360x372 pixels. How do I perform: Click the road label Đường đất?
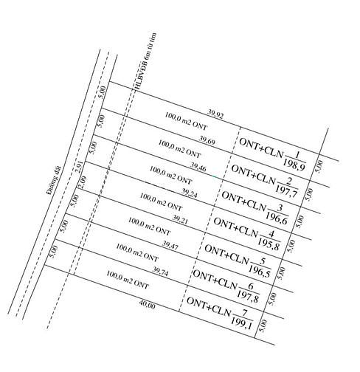coord(54,180)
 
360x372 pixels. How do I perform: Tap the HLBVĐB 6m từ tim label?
coord(145,61)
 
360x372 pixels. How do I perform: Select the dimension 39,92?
coord(215,114)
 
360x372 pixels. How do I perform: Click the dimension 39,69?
coord(207,141)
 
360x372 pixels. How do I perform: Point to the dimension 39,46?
coord(198,167)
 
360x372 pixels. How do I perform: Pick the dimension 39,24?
coord(189,193)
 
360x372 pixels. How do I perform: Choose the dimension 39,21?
coord(180,219)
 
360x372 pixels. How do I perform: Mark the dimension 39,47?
coord(170,246)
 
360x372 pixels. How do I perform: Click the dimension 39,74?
coord(161,272)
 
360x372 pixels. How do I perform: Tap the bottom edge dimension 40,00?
coord(148,305)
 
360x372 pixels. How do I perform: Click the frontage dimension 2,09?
coord(82,182)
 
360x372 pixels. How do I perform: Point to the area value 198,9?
coord(294,165)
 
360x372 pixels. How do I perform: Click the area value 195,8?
coord(269,244)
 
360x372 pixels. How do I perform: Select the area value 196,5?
coord(260,271)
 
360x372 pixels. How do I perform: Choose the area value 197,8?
coord(248,297)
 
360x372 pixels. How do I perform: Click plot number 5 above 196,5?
coord(263,261)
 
